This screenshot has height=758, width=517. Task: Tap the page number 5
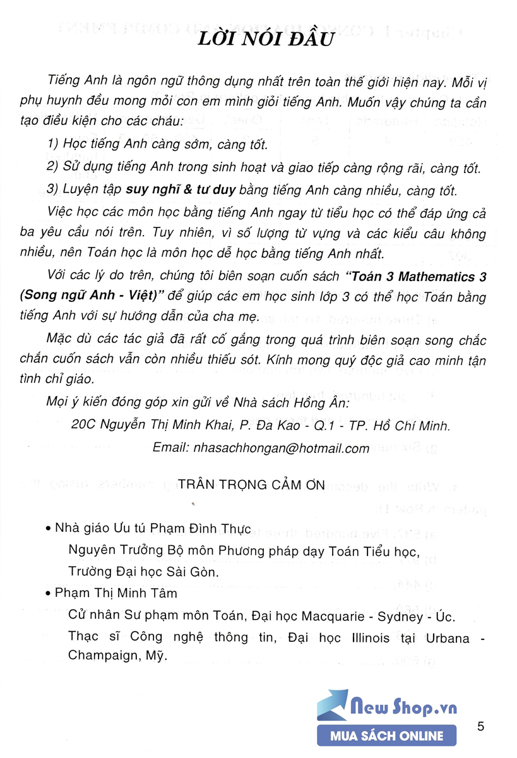click(x=481, y=726)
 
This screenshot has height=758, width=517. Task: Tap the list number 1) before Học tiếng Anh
click(x=54, y=145)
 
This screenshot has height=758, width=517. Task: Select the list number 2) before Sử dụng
click(x=54, y=168)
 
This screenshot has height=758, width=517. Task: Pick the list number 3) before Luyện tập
click(x=54, y=191)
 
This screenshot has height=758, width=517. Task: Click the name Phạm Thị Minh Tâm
click(x=116, y=594)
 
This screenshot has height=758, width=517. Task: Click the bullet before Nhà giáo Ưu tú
click(x=49, y=529)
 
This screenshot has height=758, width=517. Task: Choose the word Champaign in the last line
click(x=99, y=656)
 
